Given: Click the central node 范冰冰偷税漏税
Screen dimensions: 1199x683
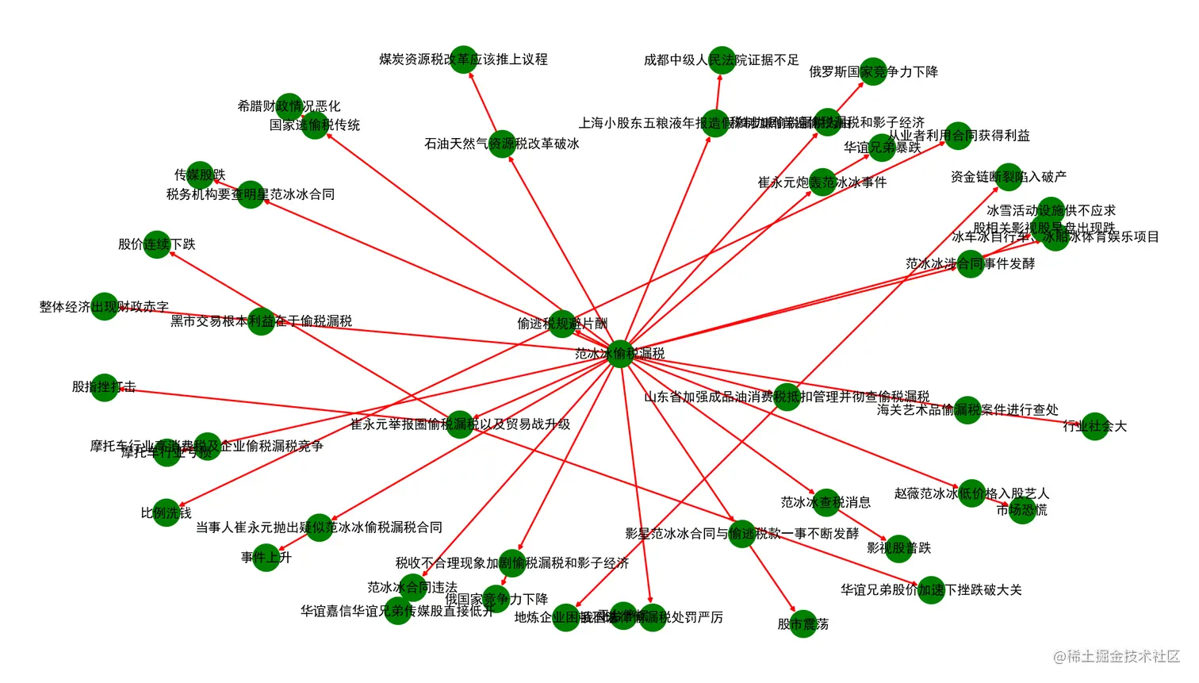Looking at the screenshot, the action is [x=620, y=353].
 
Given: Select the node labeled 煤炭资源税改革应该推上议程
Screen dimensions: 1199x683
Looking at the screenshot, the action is [x=463, y=59].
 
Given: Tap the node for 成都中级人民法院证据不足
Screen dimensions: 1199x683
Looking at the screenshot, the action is [x=722, y=59].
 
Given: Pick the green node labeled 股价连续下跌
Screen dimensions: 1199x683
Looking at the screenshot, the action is [x=157, y=244].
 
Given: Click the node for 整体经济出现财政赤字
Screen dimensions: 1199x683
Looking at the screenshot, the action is [x=104, y=306].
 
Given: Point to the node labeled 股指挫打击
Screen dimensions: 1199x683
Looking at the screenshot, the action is [x=104, y=387].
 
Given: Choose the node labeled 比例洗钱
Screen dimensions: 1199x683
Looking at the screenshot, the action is [x=167, y=513].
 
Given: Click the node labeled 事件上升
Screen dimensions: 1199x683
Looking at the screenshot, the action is [x=266, y=558].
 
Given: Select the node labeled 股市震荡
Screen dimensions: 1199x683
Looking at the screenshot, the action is [x=803, y=624].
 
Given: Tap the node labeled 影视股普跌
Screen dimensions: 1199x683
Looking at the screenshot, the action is [x=898, y=548].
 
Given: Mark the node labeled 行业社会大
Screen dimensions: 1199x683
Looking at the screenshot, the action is [x=1095, y=426].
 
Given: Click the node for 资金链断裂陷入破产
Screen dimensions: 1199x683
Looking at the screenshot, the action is [x=1009, y=177].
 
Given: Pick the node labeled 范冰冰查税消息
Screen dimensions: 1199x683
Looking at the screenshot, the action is [x=826, y=502].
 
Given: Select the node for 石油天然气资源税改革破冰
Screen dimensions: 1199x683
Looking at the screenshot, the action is [x=501, y=144].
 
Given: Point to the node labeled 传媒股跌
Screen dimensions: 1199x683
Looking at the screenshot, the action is [x=200, y=175].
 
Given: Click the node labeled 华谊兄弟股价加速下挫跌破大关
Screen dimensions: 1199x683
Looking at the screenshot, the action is [x=931, y=590].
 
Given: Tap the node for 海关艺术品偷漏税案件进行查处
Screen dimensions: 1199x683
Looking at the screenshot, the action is [x=967, y=409].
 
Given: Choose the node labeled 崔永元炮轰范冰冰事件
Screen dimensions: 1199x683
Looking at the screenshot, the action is [x=822, y=182].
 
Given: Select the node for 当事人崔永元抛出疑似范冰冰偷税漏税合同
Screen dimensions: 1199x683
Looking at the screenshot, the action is [x=319, y=528].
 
